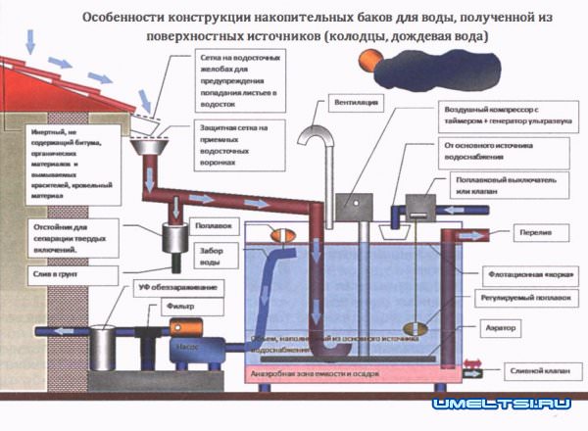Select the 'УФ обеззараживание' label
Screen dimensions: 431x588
coord(169,285)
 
